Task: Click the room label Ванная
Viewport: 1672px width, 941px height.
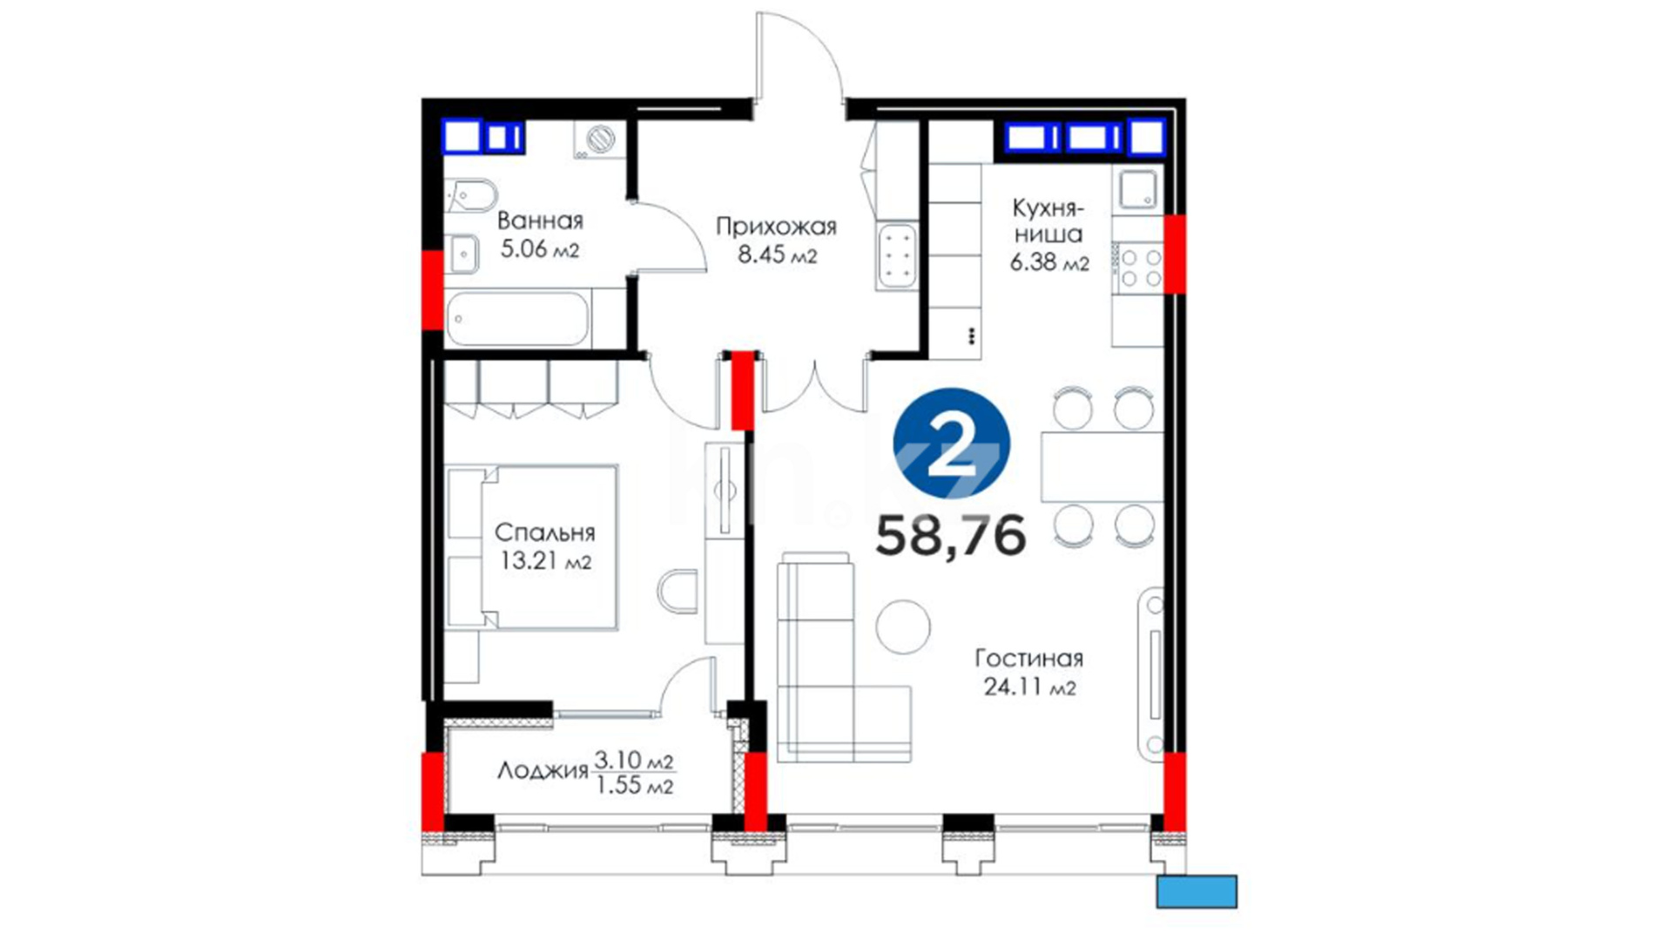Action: point(540,220)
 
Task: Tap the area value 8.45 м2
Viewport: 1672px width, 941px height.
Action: point(777,255)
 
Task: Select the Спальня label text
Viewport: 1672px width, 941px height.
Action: point(544,531)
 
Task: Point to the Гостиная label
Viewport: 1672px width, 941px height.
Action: point(1028,658)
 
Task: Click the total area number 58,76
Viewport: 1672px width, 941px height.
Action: point(951,535)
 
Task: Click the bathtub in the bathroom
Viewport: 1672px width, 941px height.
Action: point(517,319)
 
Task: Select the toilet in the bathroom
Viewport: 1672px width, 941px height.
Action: point(470,197)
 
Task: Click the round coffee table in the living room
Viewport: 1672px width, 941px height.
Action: point(903,626)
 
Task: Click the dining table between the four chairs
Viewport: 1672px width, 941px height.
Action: point(1102,466)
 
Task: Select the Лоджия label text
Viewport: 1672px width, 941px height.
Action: point(543,770)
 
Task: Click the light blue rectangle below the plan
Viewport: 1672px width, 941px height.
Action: point(1197,891)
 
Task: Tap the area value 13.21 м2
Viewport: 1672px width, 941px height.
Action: point(545,560)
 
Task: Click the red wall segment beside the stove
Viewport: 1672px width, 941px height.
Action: point(1175,254)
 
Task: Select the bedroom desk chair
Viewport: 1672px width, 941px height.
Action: point(678,592)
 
